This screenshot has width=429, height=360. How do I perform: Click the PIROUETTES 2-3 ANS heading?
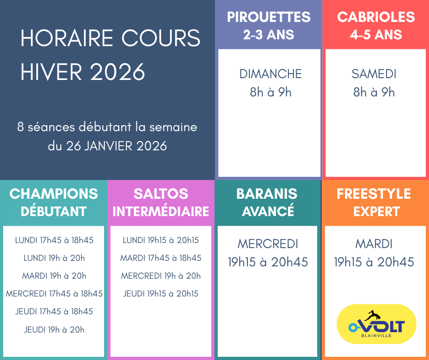[269, 26]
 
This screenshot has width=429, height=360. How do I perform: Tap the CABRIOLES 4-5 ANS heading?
[376, 26]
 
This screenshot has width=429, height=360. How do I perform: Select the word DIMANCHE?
[270, 74]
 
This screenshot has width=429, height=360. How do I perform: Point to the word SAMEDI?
[374, 74]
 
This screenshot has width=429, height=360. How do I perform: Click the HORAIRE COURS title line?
[110, 38]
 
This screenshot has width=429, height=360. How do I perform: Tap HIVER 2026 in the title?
[83, 72]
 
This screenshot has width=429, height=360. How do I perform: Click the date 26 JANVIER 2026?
[116, 146]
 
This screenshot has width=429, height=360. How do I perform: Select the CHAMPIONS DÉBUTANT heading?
[54, 202]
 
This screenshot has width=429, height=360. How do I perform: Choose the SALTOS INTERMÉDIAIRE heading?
[161, 202]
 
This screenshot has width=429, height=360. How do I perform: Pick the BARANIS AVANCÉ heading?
[267, 202]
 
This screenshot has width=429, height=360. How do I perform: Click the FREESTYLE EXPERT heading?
[374, 202]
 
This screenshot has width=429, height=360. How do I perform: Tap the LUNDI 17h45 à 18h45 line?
[54, 240]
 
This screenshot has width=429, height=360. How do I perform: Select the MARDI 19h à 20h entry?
[54, 276]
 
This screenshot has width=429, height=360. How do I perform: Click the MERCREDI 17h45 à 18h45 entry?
[54, 294]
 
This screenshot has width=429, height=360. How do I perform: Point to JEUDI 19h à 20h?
[54, 329]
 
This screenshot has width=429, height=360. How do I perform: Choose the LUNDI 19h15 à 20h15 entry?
[161, 240]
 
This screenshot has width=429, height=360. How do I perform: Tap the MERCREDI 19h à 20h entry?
[161, 276]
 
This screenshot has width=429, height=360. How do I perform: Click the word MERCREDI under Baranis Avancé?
[268, 244]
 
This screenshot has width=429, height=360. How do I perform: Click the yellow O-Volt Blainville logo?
[377, 324]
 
